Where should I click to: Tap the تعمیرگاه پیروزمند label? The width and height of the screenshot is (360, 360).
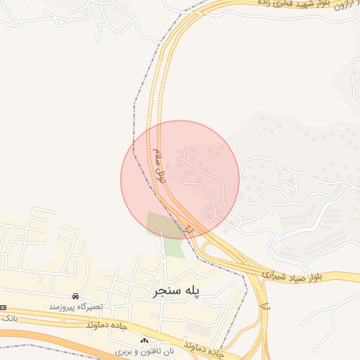coord(77,307)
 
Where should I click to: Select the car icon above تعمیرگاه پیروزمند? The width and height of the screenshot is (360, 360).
coord(75,296)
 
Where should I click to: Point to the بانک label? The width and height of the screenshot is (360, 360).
coord(9,319)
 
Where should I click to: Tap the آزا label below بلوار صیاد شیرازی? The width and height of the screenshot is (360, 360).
coord(264,306)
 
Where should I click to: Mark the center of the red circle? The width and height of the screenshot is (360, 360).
coord(180,180)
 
